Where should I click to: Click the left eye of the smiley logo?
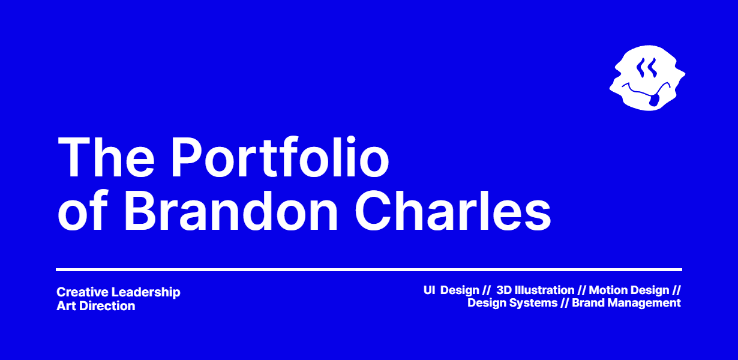(641, 68)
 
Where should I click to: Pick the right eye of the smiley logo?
(652, 68)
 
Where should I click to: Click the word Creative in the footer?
(82, 292)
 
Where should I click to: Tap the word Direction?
(106, 306)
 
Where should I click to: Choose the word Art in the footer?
(65, 306)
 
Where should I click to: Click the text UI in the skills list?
(429, 290)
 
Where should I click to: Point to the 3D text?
(503, 290)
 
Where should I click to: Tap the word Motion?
(608, 290)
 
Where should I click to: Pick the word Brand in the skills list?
(588, 303)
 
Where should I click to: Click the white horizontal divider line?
(369, 269)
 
